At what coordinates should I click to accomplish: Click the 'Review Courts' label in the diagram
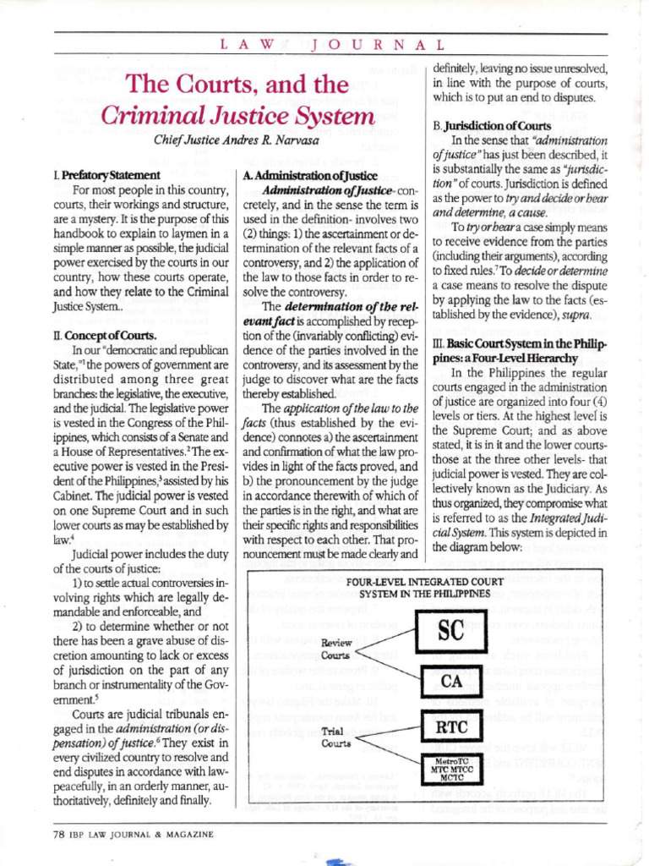pyautogui.click(x=336, y=649)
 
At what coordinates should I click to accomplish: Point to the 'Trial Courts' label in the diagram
pyautogui.click(x=333, y=737)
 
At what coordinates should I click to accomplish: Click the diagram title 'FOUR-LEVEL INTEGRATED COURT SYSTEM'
pyautogui.click(x=424, y=588)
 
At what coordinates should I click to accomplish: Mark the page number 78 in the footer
pyautogui.click(x=59, y=834)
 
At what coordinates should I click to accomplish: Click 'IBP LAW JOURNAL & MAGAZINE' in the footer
pyautogui.click(x=142, y=834)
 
